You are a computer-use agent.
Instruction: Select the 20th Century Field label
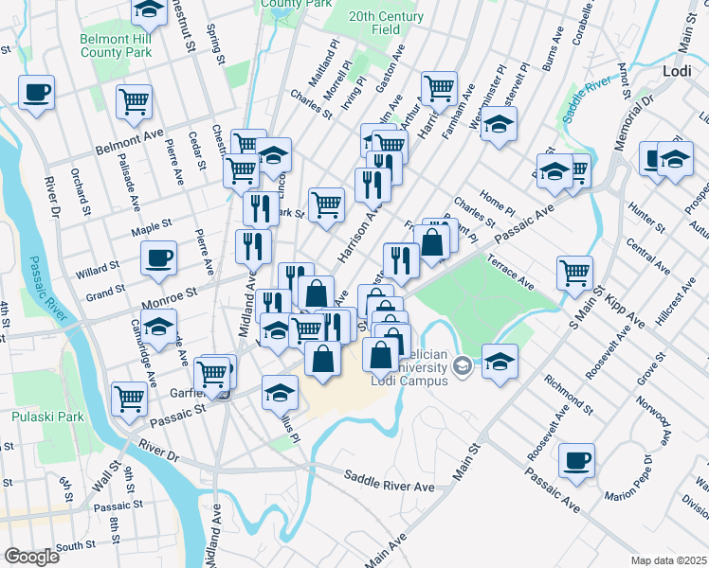point(387,24)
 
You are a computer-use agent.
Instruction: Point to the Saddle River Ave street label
point(390,483)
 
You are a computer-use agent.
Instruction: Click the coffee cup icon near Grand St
point(158,257)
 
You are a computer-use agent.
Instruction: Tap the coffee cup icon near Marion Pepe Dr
point(577,460)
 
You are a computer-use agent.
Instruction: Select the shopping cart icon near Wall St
point(130,398)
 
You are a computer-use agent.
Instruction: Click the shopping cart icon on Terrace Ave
point(575,273)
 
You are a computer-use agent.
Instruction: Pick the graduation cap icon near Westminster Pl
point(500,124)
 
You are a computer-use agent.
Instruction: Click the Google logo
point(31,556)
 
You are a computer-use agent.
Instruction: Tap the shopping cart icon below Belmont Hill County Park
point(135,101)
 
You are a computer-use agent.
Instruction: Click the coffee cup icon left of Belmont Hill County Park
point(36,93)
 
